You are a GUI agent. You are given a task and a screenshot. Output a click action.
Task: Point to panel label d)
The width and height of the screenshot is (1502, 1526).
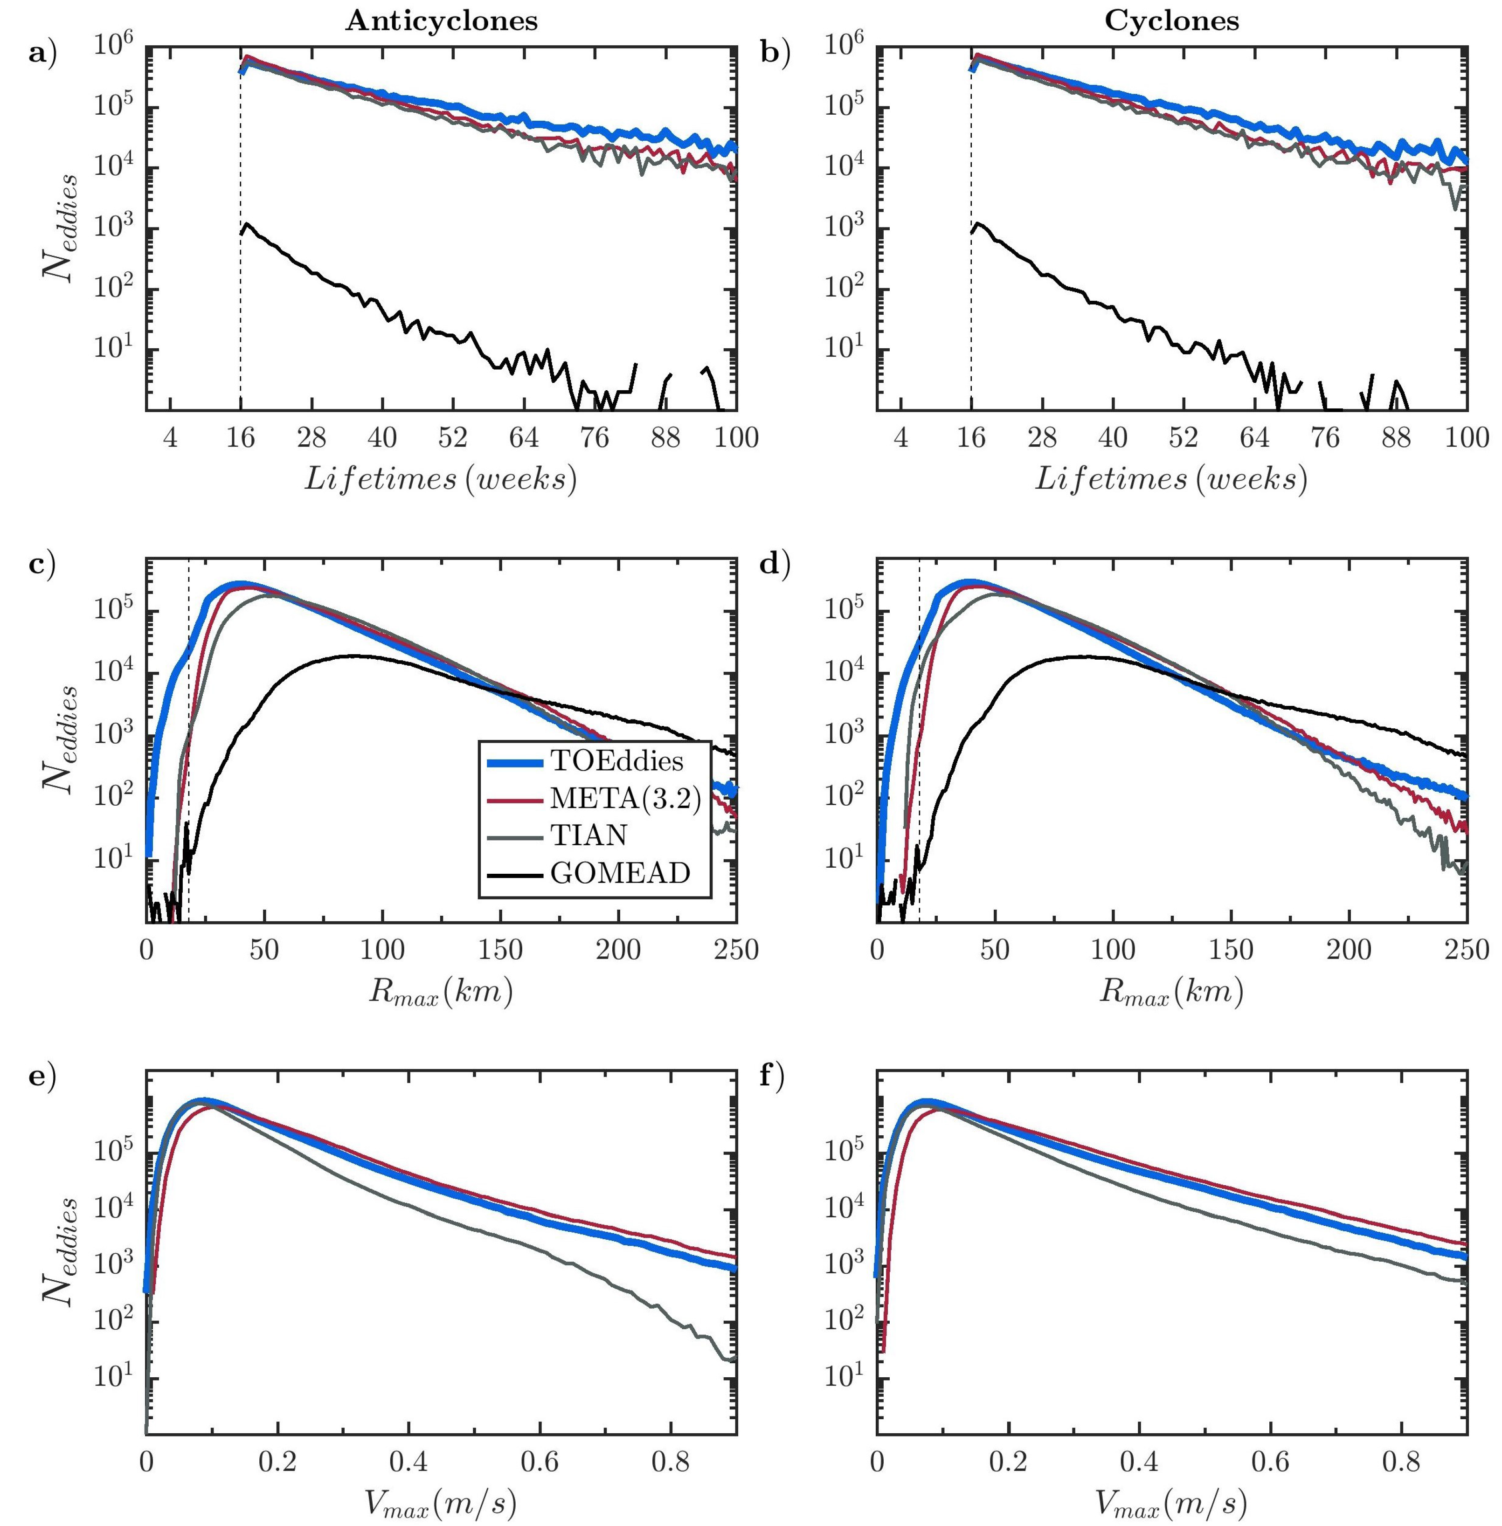coord(774,564)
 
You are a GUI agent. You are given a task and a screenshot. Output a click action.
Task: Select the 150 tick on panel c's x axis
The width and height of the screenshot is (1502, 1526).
coord(500,950)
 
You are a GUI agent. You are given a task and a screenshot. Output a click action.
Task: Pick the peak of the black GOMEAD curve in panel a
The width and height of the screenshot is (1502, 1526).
coord(247,224)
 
